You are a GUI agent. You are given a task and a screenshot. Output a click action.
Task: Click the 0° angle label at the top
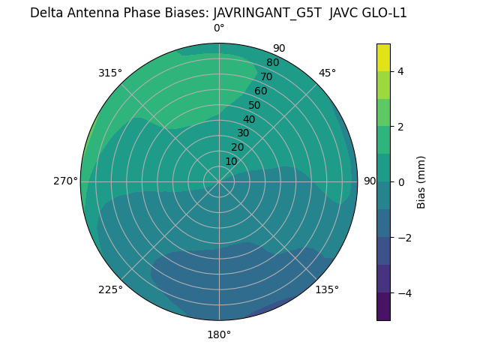[x=219, y=28]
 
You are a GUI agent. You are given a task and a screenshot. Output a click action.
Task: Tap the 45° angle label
[x=327, y=73]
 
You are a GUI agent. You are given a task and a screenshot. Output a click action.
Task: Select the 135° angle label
[x=327, y=289]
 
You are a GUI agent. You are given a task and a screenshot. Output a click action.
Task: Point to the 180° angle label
[x=219, y=334]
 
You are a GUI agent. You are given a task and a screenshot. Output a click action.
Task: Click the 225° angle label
[x=110, y=289]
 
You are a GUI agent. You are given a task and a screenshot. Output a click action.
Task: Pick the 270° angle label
[x=66, y=181]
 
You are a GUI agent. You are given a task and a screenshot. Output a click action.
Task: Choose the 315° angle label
[x=110, y=73]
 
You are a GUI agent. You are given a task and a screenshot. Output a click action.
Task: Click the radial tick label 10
[x=231, y=161]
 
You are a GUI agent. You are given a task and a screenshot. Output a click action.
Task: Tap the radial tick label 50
[x=254, y=106]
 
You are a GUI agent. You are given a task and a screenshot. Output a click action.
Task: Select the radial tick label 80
[x=272, y=63]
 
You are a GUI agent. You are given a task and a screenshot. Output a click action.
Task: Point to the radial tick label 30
[x=243, y=133]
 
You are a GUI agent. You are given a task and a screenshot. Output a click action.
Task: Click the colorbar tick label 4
[x=400, y=71]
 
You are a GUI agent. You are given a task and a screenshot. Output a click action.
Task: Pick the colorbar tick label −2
[x=403, y=238]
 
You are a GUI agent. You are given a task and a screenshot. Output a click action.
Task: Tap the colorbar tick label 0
[x=400, y=182]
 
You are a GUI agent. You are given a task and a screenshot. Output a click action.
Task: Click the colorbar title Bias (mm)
[x=421, y=182]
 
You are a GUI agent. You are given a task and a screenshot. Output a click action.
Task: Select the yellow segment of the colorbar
[x=383, y=58]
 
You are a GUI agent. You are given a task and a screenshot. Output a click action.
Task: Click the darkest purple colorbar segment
[x=383, y=307]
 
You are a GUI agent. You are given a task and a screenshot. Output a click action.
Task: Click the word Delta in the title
[x=45, y=13]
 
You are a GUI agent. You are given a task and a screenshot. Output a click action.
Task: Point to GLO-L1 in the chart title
[x=382, y=13]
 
